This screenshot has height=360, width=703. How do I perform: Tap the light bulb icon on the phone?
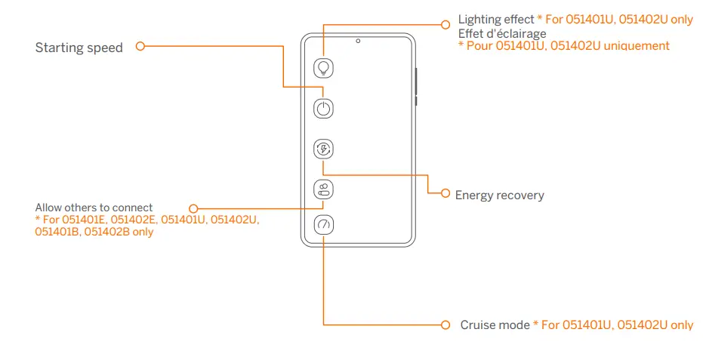(x=323, y=68)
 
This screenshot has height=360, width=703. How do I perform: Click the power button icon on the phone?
(x=323, y=109)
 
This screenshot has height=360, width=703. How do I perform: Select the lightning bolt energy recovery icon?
(x=323, y=149)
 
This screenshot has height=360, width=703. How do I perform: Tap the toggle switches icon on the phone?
(x=323, y=189)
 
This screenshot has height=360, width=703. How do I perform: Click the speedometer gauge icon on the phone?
(x=323, y=225)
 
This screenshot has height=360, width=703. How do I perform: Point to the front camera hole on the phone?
(x=358, y=41)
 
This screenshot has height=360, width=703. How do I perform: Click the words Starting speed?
(x=79, y=48)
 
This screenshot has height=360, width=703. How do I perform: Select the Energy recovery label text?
(x=499, y=195)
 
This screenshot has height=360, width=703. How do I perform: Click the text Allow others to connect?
(x=94, y=208)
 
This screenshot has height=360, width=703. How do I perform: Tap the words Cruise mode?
(x=495, y=325)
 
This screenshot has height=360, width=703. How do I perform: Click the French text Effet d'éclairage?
(x=502, y=34)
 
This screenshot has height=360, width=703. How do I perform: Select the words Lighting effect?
(x=495, y=20)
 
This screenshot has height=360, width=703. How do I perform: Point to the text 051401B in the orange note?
(x=57, y=232)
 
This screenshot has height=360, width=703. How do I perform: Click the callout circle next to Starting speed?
(x=140, y=47)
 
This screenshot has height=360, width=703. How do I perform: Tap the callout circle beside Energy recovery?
(x=446, y=193)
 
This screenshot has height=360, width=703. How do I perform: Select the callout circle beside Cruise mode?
(x=446, y=325)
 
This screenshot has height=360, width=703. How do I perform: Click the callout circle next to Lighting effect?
(x=446, y=24)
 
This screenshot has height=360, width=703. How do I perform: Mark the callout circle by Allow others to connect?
(x=193, y=208)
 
